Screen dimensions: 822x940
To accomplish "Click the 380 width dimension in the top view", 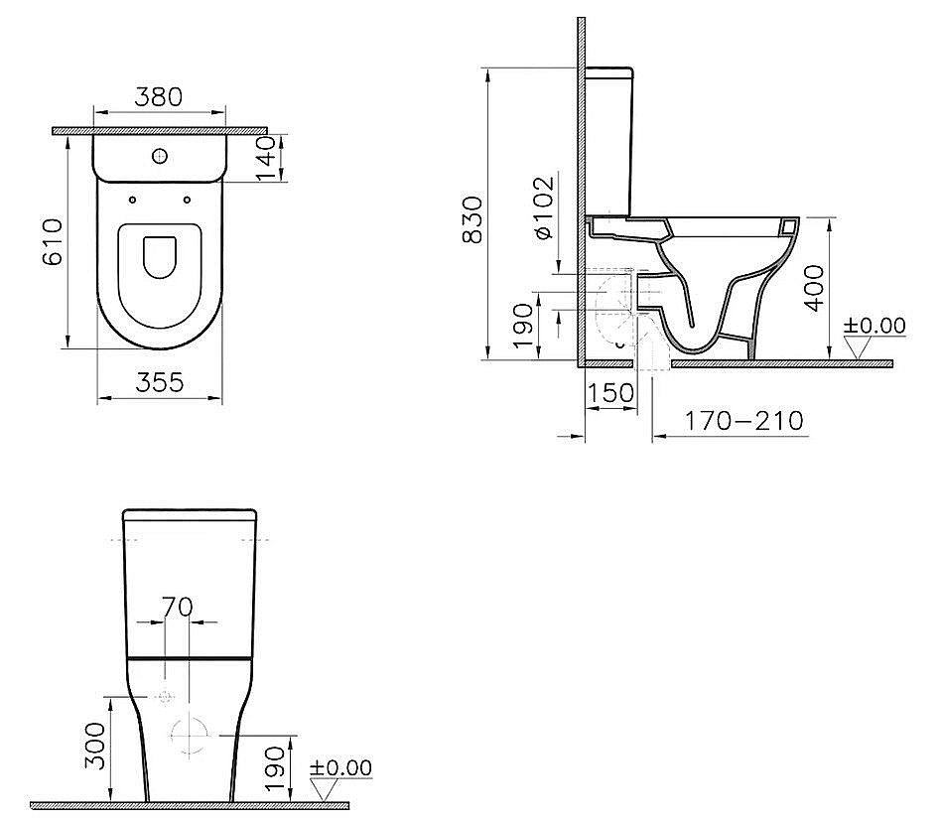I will [x=159, y=96].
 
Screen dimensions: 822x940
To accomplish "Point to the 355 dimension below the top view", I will [x=159, y=382].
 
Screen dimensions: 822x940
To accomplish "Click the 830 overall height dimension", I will [x=473, y=219].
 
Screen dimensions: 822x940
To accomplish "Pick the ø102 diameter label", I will [x=543, y=208].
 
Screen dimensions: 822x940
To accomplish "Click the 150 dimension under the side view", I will [x=610, y=392].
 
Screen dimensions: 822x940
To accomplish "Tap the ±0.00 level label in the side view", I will [x=874, y=325].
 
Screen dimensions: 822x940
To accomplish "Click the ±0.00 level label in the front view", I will [x=340, y=768].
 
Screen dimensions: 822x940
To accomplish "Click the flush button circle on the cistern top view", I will [x=159, y=155].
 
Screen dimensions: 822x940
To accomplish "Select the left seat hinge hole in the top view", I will [x=131, y=201].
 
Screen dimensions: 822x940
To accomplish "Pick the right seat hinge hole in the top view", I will [x=187, y=201].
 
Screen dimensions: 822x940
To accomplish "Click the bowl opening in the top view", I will [x=159, y=256].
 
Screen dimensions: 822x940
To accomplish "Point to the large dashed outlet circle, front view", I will [x=190, y=736].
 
